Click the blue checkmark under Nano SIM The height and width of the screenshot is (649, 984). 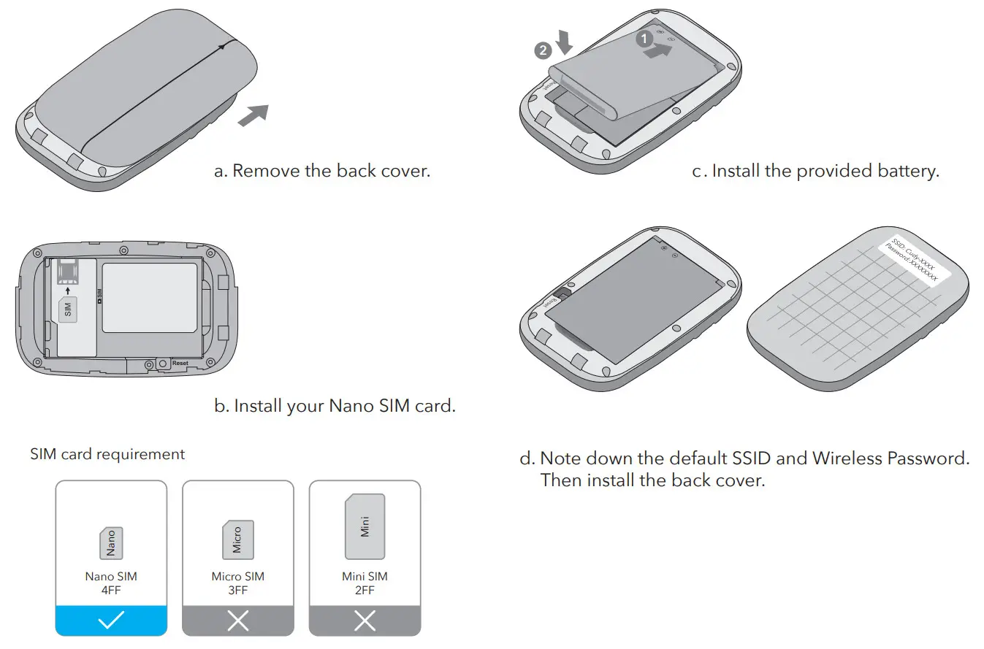[111, 621]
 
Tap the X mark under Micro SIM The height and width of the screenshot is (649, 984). [237, 621]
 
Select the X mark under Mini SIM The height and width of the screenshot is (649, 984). [365, 621]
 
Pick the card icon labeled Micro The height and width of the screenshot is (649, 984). [237, 540]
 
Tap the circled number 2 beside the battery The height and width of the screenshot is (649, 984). [542, 50]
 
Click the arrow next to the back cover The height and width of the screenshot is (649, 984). [253, 115]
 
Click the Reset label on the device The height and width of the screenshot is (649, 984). [180, 363]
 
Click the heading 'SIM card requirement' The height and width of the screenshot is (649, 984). [107, 454]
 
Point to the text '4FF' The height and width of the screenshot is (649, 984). [111, 590]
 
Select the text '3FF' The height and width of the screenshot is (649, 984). [237, 590]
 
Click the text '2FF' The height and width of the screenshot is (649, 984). [365, 590]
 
